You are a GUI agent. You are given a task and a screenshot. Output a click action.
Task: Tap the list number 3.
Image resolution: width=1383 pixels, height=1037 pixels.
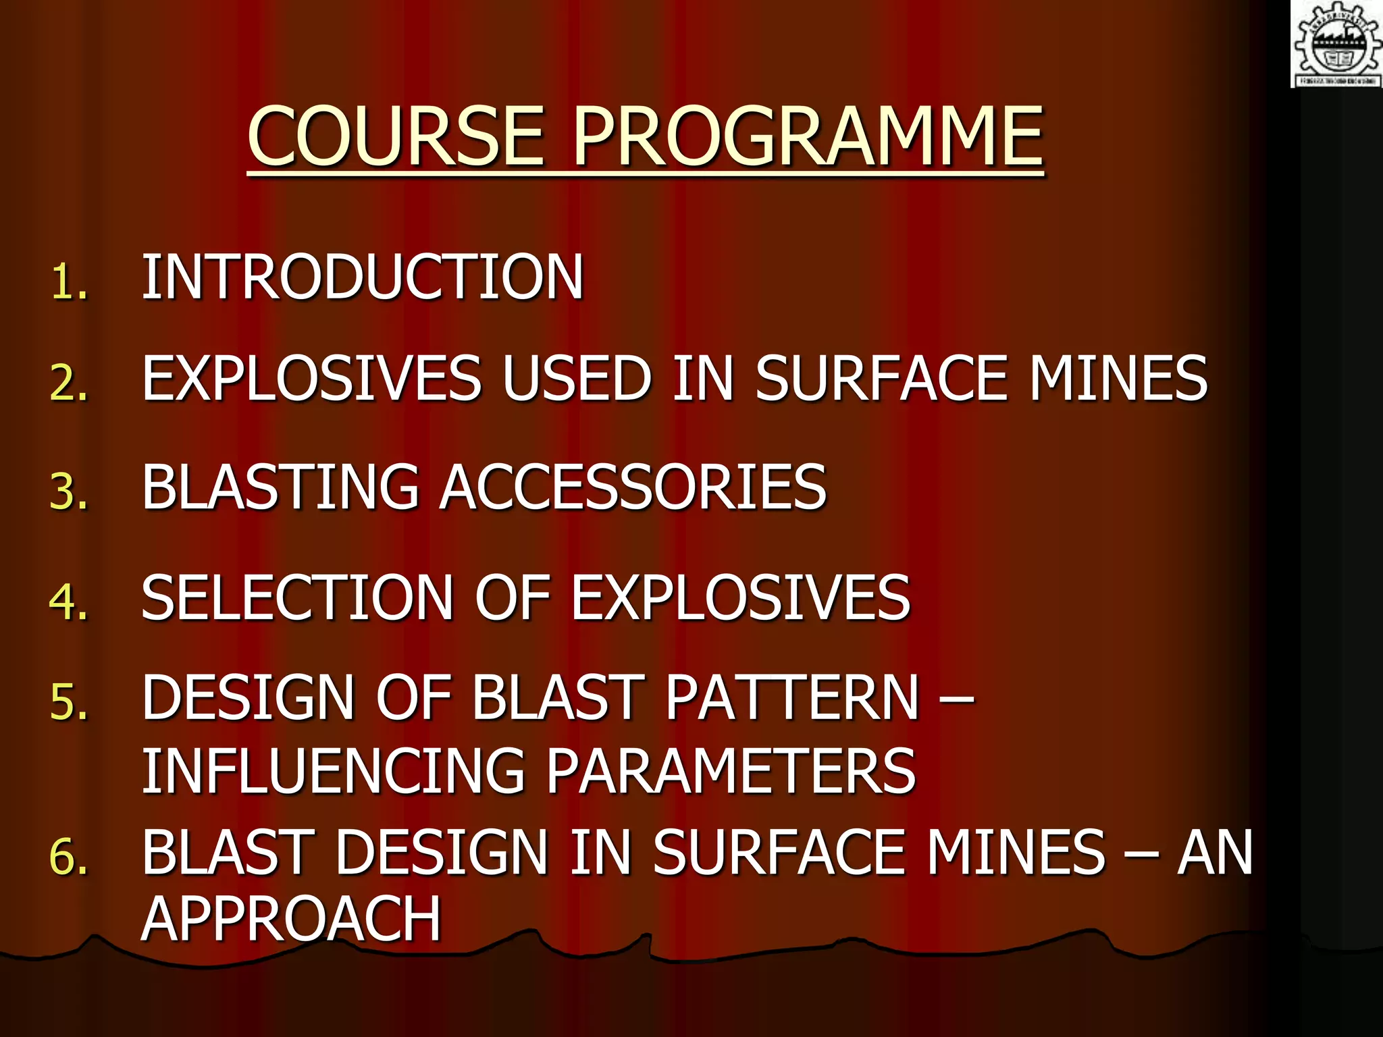[68, 491]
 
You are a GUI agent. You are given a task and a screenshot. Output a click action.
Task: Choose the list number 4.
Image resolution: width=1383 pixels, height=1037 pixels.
[68, 601]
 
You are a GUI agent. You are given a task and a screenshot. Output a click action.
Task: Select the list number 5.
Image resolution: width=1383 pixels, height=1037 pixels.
[68, 702]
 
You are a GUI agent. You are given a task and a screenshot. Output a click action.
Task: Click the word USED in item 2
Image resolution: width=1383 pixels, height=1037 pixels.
[577, 378]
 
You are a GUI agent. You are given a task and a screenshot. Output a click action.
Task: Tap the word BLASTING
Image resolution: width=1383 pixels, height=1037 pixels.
[280, 487]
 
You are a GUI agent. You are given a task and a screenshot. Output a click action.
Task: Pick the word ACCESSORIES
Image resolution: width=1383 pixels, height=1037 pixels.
[633, 487]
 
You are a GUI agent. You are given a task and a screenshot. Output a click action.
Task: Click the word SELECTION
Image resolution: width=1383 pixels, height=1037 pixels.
[297, 597]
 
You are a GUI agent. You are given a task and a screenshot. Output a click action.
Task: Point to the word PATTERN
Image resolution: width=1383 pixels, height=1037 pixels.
[793, 698]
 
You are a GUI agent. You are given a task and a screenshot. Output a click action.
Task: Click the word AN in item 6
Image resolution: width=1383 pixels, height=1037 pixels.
[1215, 853]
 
